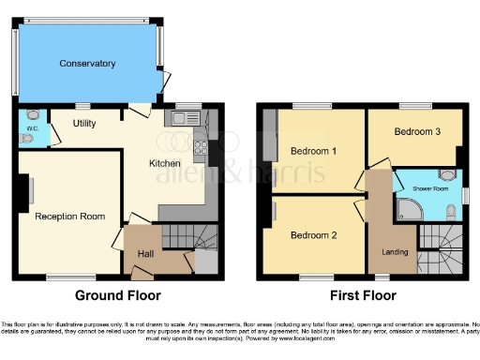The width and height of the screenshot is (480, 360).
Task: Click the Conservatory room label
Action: click(87, 64)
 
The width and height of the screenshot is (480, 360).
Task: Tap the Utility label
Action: click(84, 123)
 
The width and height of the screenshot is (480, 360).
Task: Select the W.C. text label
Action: click(30, 127)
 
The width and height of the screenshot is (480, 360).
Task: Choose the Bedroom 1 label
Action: click(313, 151)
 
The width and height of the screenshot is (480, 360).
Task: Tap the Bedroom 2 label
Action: click(313, 234)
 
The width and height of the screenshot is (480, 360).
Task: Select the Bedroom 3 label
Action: click(417, 132)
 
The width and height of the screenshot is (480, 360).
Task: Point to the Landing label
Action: click(394, 251)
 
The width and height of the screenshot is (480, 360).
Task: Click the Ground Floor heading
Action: click(117, 295)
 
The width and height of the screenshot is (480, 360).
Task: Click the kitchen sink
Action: click(185, 119)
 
